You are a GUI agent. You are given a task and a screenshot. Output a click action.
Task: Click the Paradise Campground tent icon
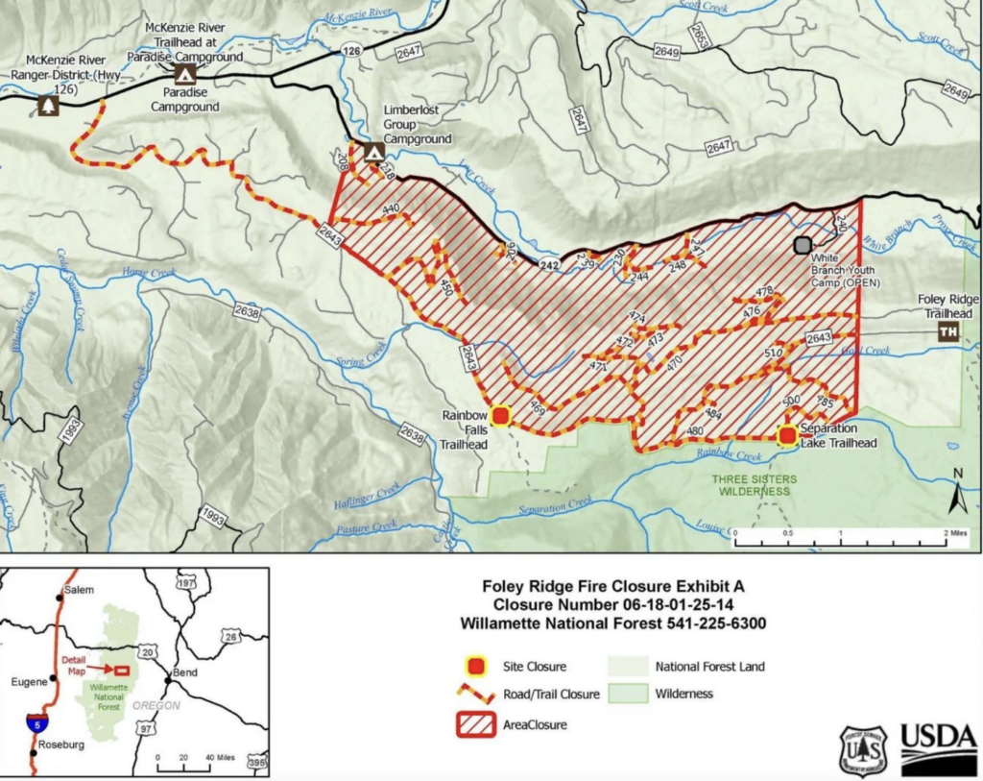pos(184,74)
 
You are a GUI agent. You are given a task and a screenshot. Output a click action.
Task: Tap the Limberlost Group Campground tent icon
pos(373,152)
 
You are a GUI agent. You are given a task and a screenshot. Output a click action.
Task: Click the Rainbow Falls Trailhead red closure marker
pos(500,416)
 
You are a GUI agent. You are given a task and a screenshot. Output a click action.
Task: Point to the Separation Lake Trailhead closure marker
pos(787,435)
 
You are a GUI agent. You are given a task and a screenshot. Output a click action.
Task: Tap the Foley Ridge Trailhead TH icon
pos(948,332)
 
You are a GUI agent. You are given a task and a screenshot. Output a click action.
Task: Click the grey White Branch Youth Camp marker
pos(803,245)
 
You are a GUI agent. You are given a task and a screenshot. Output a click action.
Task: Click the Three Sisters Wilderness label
pos(752,484)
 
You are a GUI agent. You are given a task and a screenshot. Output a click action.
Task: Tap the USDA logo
pos(938,749)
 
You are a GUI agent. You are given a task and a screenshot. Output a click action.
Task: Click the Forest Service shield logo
pos(863,750)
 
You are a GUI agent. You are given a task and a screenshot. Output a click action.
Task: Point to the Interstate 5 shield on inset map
pos(36,721)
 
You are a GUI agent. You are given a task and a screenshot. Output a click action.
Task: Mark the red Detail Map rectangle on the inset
pos(121,670)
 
